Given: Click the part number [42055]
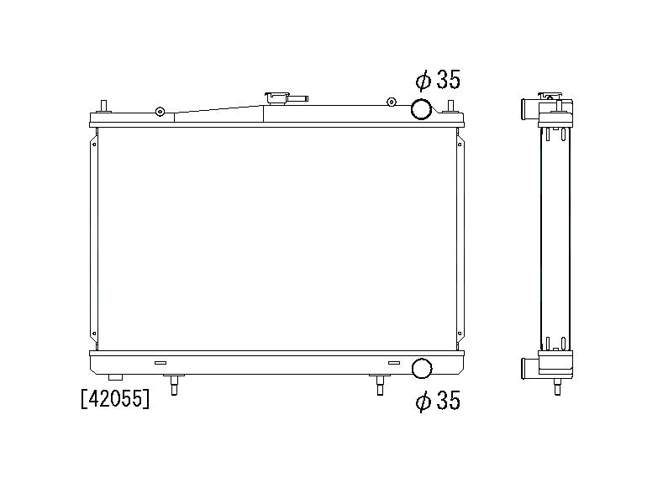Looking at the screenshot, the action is (x=115, y=399).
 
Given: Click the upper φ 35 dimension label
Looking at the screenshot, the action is (x=438, y=80).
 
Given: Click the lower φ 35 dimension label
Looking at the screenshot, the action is (x=438, y=401).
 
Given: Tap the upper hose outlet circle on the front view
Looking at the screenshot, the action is (x=422, y=108).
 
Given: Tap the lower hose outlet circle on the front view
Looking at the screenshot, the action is (x=422, y=368).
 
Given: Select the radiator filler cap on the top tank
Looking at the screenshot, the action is (x=276, y=99).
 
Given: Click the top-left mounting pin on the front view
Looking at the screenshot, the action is (x=103, y=107).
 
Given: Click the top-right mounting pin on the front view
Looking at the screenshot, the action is (x=451, y=107).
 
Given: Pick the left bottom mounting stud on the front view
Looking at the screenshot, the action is (x=174, y=384).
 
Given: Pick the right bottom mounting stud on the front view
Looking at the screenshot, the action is (x=380, y=384).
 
